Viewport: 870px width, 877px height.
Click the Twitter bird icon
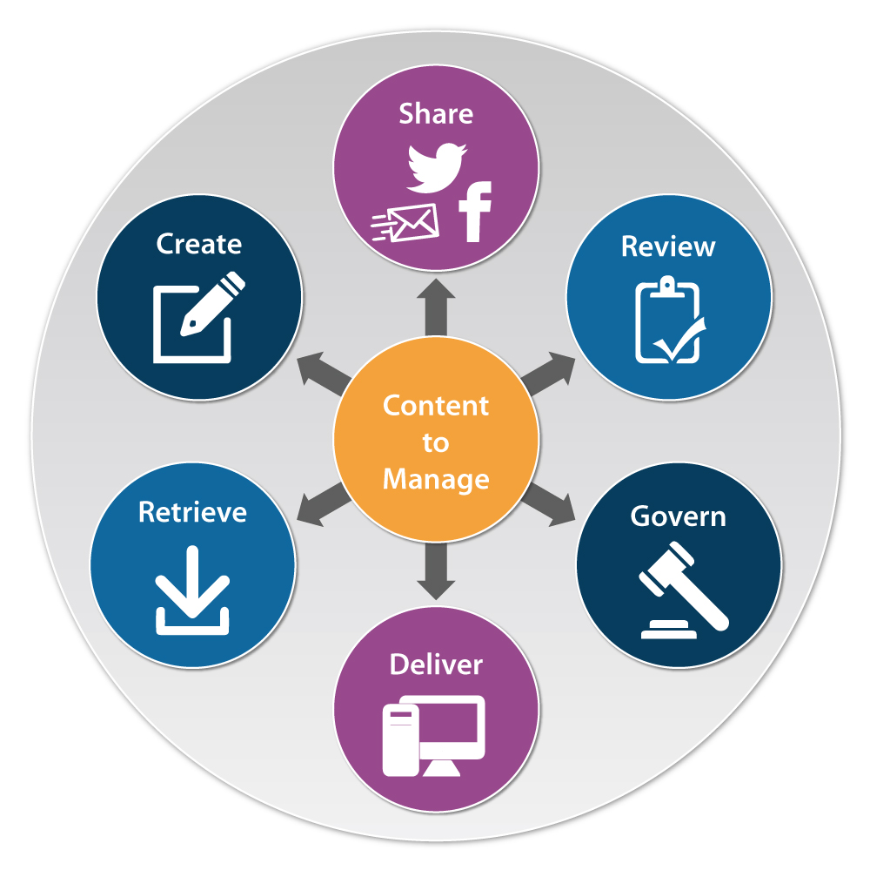[x=436, y=167]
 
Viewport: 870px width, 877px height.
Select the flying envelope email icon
[x=405, y=222]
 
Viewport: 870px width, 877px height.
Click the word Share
[x=436, y=114]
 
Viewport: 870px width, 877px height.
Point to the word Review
[x=668, y=246]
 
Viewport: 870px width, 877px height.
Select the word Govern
[x=678, y=516]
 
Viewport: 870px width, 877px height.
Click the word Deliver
[x=436, y=664]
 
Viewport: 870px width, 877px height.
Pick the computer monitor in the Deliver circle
[x=452, y=732]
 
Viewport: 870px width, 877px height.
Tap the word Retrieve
[x=192, y=511]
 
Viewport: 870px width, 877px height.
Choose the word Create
[x=198, y=244]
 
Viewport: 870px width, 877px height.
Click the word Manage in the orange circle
[x=436, y=479]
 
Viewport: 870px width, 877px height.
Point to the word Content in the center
[x=436, y=406]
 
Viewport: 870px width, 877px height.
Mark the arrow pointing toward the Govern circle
[x=550, y=503]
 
